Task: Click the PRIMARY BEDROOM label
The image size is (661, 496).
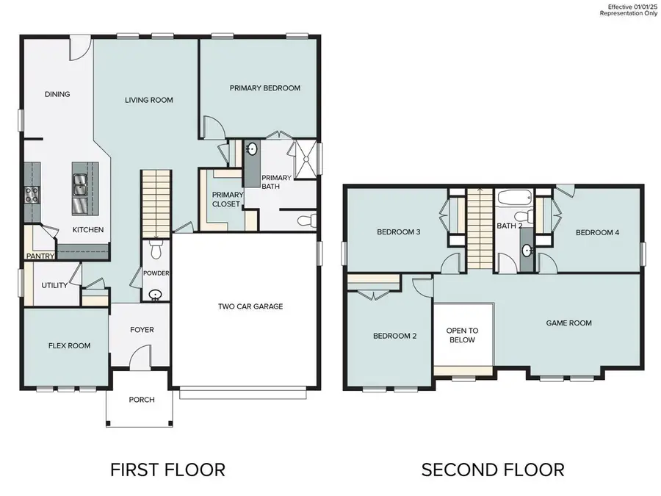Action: pyautogui.click(x=264, y=88)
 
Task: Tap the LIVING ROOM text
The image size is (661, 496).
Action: pyautogui.click(x=148, y=100)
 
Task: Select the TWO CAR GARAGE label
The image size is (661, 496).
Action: pyautogui.click(x=250, y=306)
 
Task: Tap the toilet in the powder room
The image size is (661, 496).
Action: pyautogui.click(x=156, y=251)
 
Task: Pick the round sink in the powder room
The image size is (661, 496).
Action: pyautogui.click(x=156, y=295)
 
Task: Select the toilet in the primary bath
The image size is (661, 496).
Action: pyautogui.click(x=307, y=220)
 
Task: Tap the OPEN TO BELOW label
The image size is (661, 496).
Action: pyautogui.click(x=463, y=335)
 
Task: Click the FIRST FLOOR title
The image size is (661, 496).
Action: pyautogui.click(x=167, y=469)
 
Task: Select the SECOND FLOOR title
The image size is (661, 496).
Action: pyautogui.click(x=492, y=469)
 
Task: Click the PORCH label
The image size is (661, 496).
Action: pyautogui.click(x=142, y=400)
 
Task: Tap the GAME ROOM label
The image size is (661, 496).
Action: pyautogui.click(x=568, y=323)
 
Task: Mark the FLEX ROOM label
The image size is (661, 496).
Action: pyautogui.click(x=69, y=345)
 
